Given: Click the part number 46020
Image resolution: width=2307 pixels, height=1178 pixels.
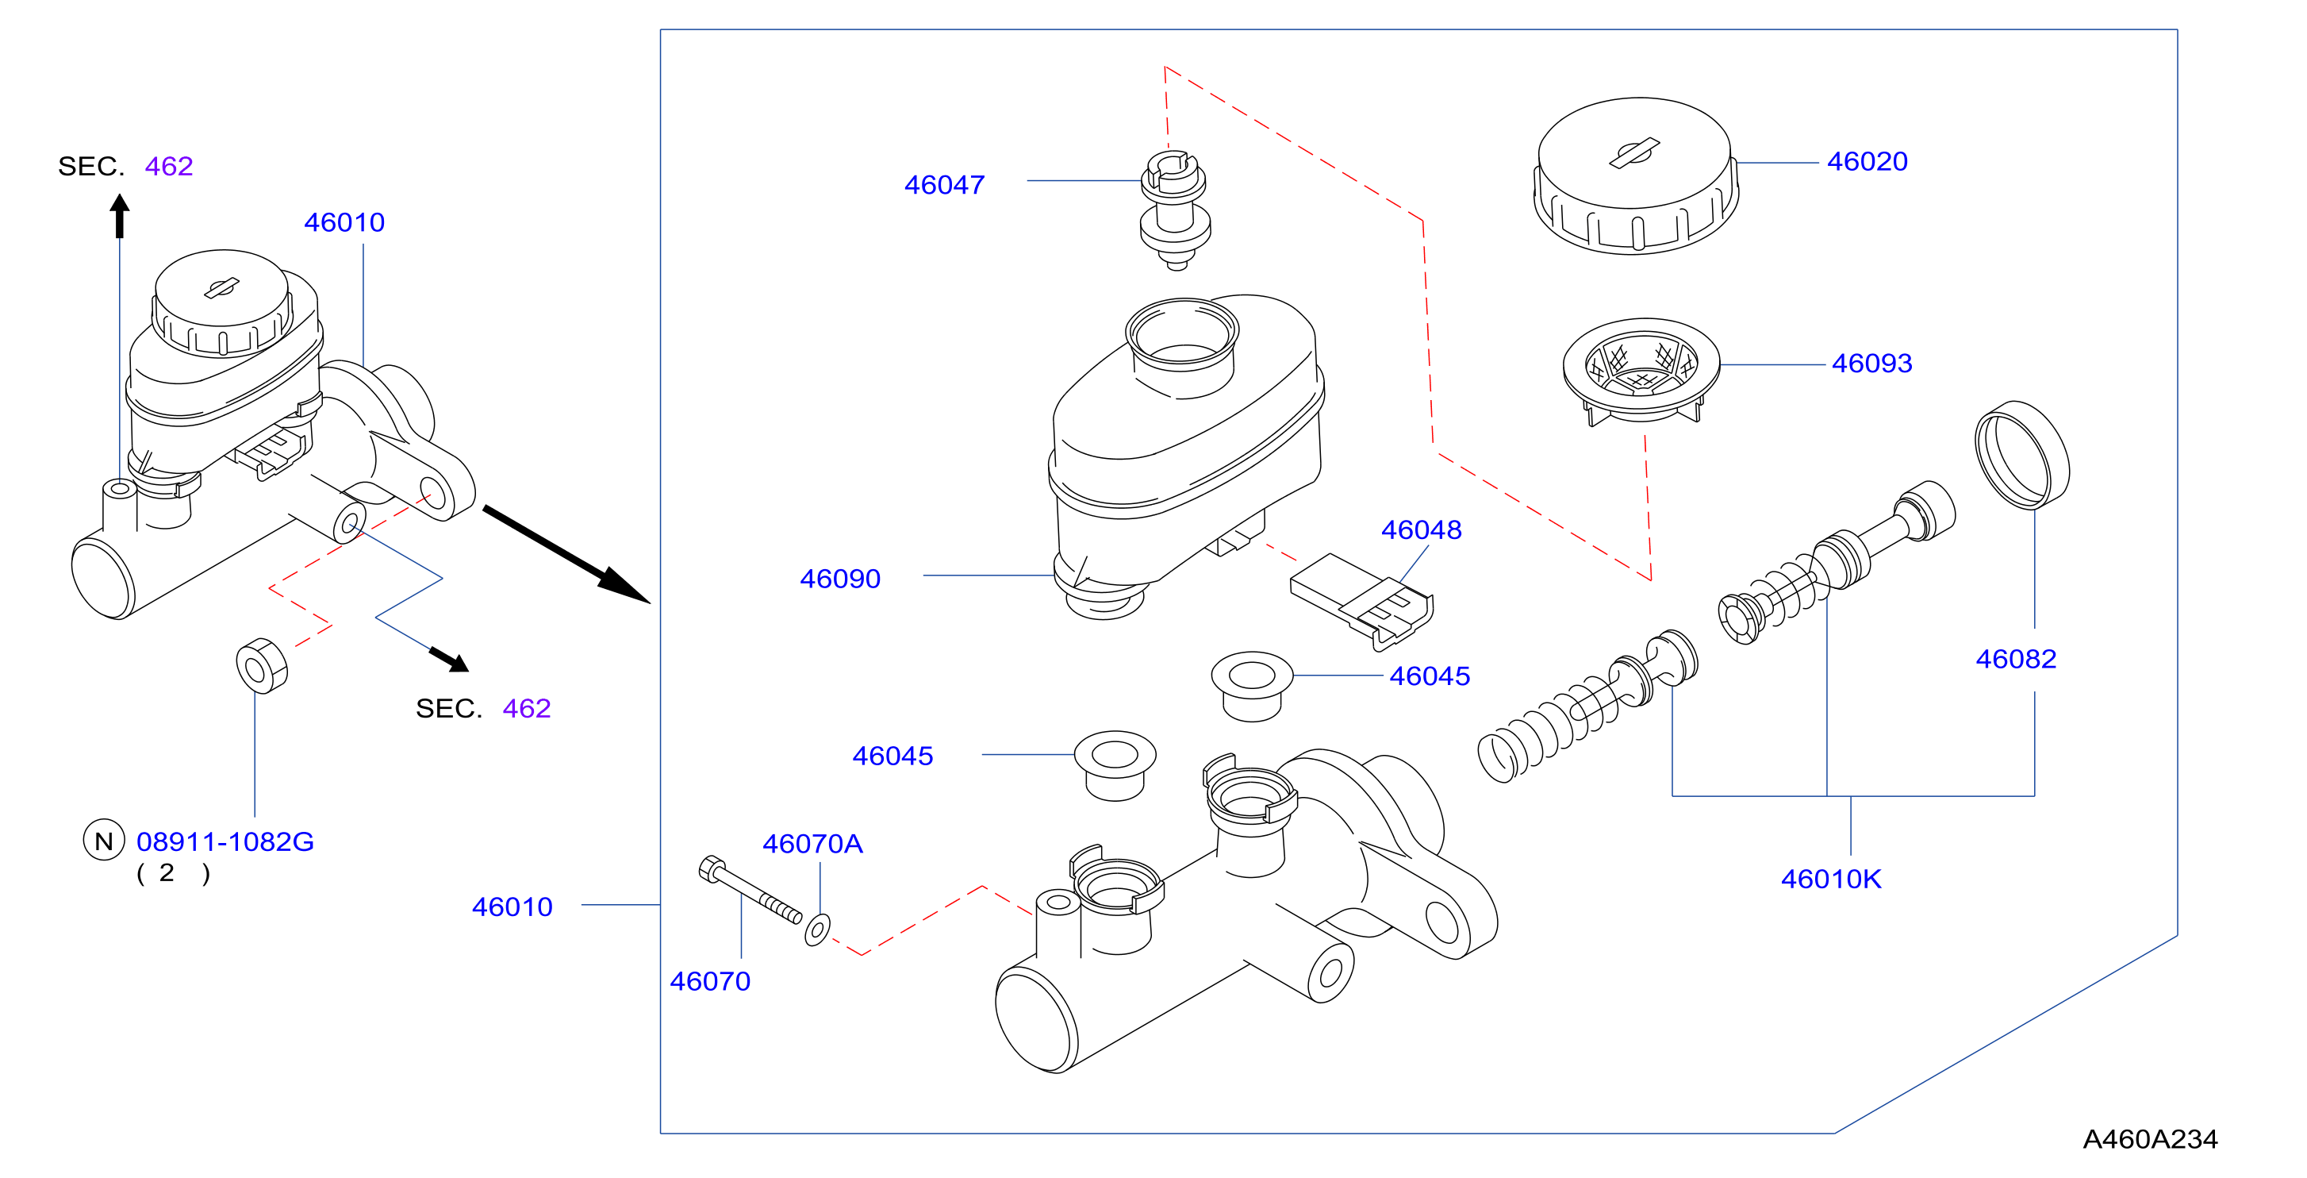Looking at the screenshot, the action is click(1867, 161).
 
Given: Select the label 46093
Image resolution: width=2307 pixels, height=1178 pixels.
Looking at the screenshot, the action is click(1871, 363).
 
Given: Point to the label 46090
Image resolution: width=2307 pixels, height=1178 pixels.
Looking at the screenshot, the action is click(839, 579).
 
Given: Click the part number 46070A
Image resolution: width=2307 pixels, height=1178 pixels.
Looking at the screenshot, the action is click(812, 843).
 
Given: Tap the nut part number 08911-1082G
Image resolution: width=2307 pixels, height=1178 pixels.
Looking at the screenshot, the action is click(224, 841).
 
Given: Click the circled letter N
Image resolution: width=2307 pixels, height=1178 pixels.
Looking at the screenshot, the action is click(104, 841).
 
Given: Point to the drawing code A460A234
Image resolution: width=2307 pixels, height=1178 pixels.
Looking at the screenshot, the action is click(2149, 1138).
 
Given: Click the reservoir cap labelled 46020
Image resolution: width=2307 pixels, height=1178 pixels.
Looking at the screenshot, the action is click(1635, 175).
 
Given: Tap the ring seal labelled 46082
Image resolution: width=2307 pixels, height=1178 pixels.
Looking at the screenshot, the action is click(2021, 454).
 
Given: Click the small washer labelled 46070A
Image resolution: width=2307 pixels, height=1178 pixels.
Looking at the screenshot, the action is click(817, 929).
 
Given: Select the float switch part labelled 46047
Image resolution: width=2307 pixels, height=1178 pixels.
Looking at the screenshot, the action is click(1175, 210).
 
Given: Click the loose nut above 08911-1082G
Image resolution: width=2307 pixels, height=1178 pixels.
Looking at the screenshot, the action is click(262, 665).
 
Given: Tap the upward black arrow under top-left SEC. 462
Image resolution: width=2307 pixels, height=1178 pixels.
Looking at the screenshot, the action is click(119, 216).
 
